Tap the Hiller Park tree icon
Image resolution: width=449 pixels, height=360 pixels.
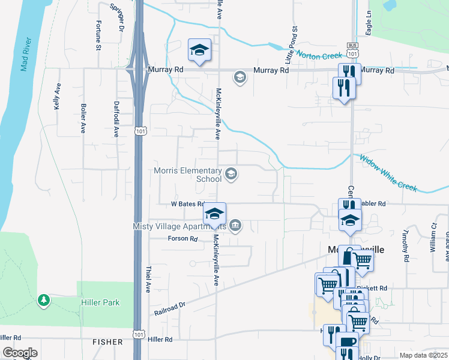[43, 299]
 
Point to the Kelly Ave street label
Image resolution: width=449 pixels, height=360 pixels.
[58, 95]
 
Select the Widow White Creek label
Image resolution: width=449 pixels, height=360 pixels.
[388, 173]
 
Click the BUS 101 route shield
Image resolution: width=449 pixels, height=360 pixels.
[353, 50]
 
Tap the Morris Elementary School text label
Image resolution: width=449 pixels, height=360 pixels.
[188, 175]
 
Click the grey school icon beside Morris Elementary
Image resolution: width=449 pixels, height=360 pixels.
[231, 175]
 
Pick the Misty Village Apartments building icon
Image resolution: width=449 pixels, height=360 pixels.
[235, 226]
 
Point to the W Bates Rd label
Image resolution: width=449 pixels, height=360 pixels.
[188, 204]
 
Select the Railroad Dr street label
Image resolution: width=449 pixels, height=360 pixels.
[170, 308]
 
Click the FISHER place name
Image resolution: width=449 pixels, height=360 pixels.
[107, 342]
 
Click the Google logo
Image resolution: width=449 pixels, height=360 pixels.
[20, 353]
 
